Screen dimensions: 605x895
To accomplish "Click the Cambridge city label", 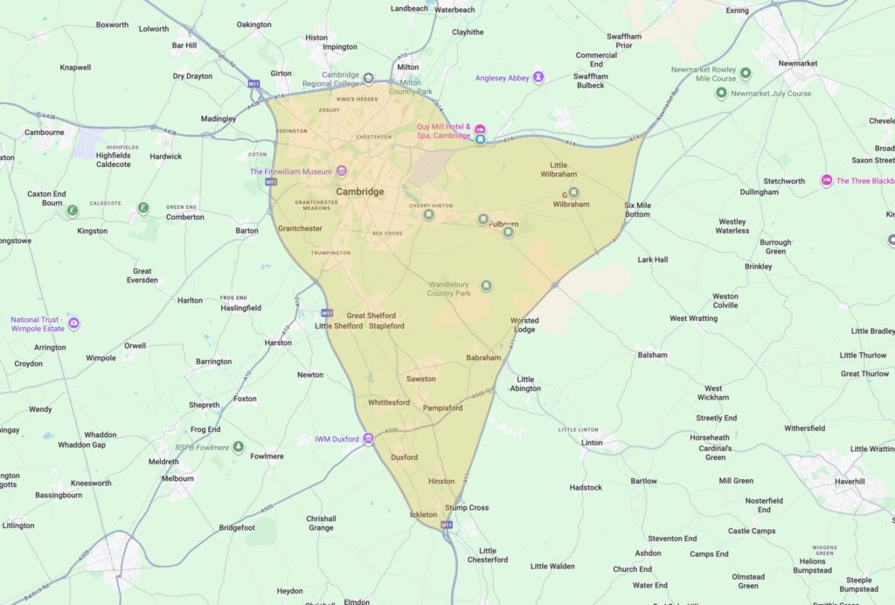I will coord(360,191).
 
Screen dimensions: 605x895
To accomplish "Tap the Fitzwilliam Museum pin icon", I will coord(342,170).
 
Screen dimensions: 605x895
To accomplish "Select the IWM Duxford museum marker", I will coord(369,439).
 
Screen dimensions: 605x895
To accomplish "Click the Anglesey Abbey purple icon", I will coord(538,78).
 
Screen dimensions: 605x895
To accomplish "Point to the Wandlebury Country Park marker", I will coord(487,286).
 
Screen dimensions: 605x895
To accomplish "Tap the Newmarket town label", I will coord(798,64).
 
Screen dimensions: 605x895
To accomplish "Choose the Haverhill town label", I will coord(849,482).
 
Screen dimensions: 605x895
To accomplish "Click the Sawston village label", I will coord(421,379).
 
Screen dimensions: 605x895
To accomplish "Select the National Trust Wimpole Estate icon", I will coord(73,323).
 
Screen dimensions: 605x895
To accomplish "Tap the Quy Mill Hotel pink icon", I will coord(479,129).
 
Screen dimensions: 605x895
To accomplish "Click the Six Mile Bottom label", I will coord(637,210).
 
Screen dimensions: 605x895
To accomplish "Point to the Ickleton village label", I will coord(423,515).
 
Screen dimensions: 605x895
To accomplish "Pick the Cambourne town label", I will coord(44,133).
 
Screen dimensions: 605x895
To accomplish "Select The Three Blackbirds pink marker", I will coord(826,180).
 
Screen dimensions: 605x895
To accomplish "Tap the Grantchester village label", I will coord(300,228).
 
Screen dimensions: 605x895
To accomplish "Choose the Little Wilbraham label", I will coord(559,170).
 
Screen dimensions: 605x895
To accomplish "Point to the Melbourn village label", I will coord(177,478).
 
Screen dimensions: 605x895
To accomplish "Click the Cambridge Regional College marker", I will coord(368,79).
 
